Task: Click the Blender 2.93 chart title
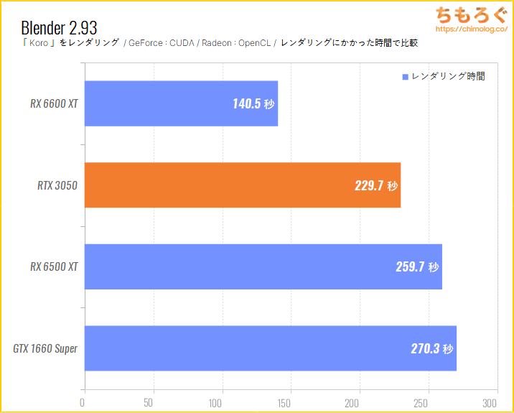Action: (59, 27)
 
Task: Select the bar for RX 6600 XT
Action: (181, 103)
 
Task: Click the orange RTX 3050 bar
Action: (243, 185)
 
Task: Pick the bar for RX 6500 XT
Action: (263, 266)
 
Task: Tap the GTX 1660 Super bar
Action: (270, 348)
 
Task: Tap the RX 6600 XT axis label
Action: (54, 103)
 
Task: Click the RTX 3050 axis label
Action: (57, 185)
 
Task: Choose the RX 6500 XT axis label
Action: (54, 266)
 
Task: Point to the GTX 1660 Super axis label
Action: (45, 349)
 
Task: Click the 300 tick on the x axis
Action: (490, 402)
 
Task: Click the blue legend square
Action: (406, 76)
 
